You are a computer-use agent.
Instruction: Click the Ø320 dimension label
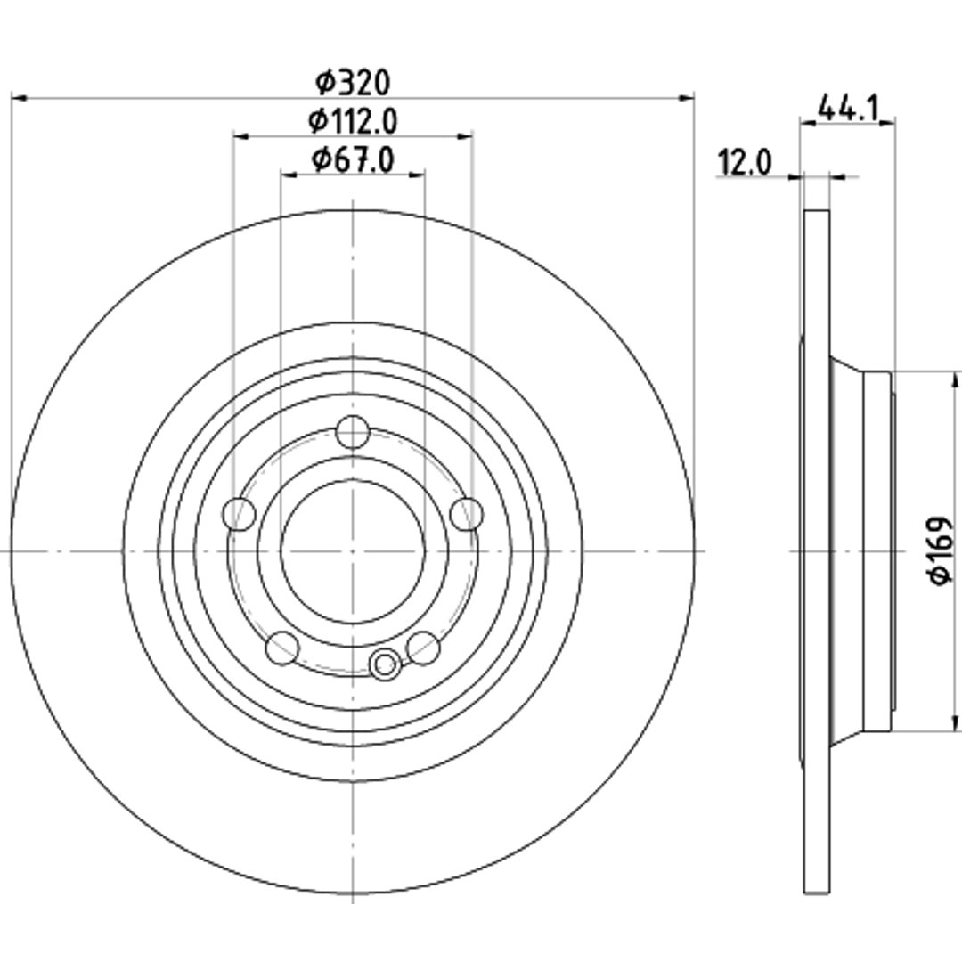coord(353,82)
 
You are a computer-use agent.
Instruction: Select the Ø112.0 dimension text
coord(353,120)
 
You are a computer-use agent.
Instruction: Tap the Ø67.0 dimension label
coord(353,160)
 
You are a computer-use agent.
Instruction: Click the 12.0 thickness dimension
coord(745,163)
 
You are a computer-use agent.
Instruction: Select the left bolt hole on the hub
coord(239,514)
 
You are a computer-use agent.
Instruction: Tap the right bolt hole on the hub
coord(466,514)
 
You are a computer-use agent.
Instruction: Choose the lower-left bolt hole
coord(282,648)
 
